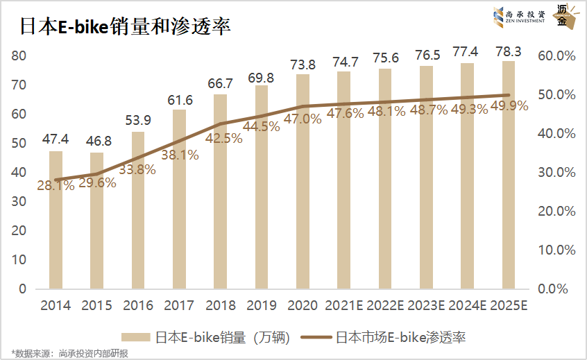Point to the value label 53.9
(x=138, y=120)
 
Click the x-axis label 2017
(x=179, y=305)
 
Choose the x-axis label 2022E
(x=386, y=305)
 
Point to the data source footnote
(x=69, y=353)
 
